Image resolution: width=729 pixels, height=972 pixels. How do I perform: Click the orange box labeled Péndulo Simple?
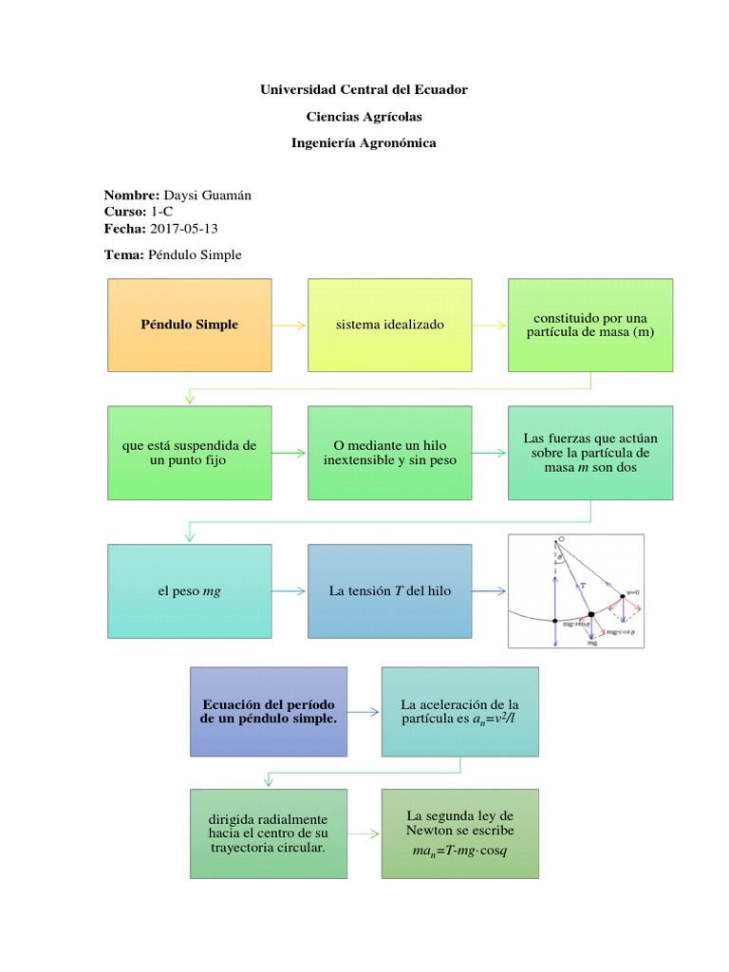click(x=190, y=325)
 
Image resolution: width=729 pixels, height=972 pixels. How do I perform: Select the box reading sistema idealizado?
click(x=389, y=325)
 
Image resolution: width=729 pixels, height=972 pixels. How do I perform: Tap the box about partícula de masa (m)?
click(x=589, y=325)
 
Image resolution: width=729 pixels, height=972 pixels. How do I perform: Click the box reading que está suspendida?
click(x=190, y=453)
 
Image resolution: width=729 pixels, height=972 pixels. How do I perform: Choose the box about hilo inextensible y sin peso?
click(x=389, y=453)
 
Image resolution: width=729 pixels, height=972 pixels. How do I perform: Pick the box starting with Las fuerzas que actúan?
click(x=589, y=453)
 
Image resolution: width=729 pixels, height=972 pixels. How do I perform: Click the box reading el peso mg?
click(x=190, y=590)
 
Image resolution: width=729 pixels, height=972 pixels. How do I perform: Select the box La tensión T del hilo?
click(x=389, y=590)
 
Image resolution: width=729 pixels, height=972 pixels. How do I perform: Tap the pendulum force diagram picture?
click(x=576, y=590)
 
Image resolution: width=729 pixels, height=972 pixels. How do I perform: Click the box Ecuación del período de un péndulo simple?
click(x=269, y=712)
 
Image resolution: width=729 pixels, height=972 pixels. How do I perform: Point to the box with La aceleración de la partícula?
click(x=459, y=712)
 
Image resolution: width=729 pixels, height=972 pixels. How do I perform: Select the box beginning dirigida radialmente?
click(x=269, y=832)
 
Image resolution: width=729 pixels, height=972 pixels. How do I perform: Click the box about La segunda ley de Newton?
click(x=459, y=832)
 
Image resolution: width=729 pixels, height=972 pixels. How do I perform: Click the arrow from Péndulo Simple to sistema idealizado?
click(x=290, y=325)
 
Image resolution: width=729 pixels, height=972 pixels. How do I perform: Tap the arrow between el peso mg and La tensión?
click(x=290, y=590)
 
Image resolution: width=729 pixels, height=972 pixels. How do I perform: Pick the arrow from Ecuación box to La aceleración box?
click(x=364, y=712)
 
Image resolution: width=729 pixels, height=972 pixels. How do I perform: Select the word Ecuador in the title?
click(x=438, y=89)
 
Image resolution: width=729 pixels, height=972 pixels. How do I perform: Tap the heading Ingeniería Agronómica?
click(x=364, y=142)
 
